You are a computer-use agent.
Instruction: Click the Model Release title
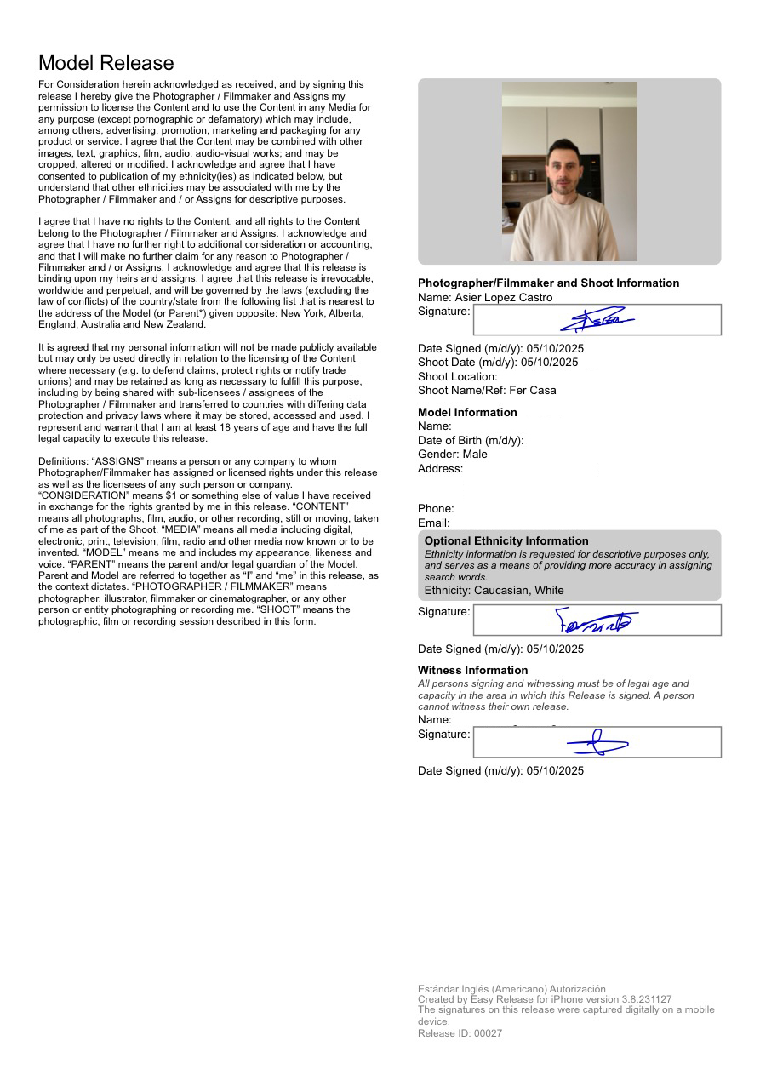pyautogui.click(x=106, y=63)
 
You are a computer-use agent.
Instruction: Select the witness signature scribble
pyautogui.click(x=597, y=743)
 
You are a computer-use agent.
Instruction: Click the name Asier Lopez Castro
pyautogui.click(x=503, y=298)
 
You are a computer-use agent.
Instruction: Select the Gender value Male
pyautogui.click(x=475, y=455)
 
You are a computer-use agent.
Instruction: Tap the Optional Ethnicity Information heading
pyautogui.click(x=506, y=541)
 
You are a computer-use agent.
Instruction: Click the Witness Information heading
pyautogui.click(x=472, y=671)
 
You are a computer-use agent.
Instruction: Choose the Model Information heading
pyautogui.click(x=467, y=413)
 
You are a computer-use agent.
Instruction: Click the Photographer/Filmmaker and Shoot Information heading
pyautogui.click(x=548, y=283)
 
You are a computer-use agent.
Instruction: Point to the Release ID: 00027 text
pyautogui.click(x=460, y=1033)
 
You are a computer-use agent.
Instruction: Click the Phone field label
pyautogui.click(x=436, y=509)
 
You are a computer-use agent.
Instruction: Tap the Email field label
pyautogui.click(x=434, y=523)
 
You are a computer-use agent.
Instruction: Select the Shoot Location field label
pyautogui.click(x=457, y=377)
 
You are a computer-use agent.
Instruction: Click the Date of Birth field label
pyautogui.click(x=470, y=441)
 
